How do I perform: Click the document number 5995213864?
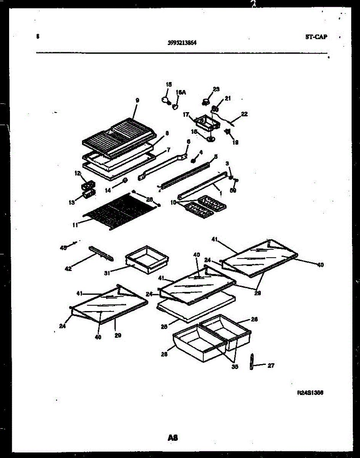[182, 43]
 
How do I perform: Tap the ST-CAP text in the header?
[316, 37]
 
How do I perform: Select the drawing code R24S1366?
[310, 392]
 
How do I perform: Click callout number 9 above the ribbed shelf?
[137, 100]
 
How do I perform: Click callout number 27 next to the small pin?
[271, 366]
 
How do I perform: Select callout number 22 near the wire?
[244, 114]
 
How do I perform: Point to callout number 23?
[216, 89]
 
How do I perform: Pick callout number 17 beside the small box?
[186, 114]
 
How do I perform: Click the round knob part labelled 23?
[206, 101]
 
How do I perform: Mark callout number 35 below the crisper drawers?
[235, 367]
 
